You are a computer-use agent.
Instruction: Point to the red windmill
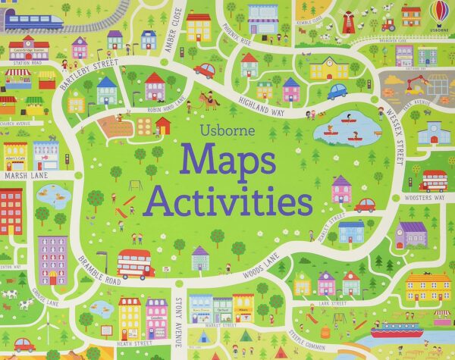click(347, 20)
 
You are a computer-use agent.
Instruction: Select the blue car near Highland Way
click(337, 92)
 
